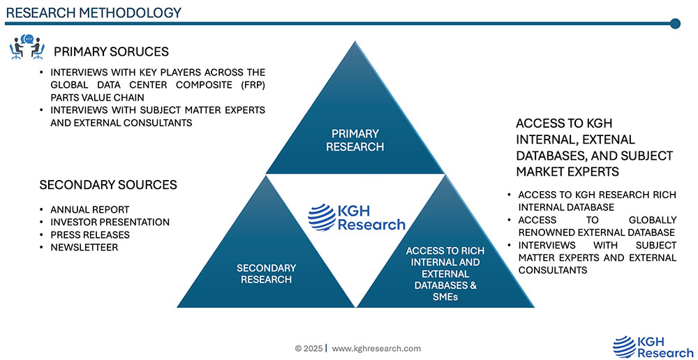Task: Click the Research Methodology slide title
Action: (x=94, y=12)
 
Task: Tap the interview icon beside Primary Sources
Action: (x=27, y=47)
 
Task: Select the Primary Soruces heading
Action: (x=111, y=52)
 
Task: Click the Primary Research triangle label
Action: (x=355, y=140)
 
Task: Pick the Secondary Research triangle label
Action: (x=266, y=273)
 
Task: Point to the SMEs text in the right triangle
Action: (x=445, y=297)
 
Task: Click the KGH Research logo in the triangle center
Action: (x=357, y=217)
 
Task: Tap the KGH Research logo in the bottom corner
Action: (x=653, y=347)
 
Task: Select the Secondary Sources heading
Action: (x=108, y=185)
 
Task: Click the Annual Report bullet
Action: (x=89, y=209)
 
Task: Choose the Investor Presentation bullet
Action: (x=110, y=222)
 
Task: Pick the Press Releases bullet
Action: (x=90, y=234)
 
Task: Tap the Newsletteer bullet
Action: (x=84, y=248)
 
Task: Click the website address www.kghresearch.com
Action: (x=377, y=348)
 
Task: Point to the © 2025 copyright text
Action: (x=308, y=348)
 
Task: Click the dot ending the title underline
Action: (x=675, y=24)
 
